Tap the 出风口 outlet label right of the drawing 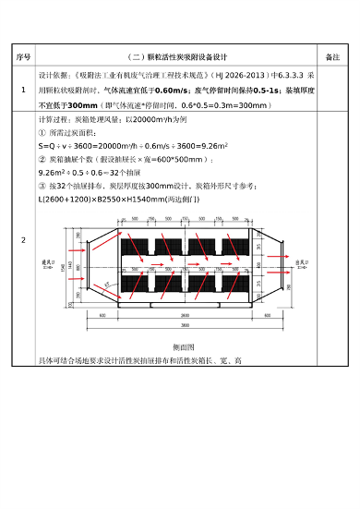(x=301, y=263)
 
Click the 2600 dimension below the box (x=184, y=315)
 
